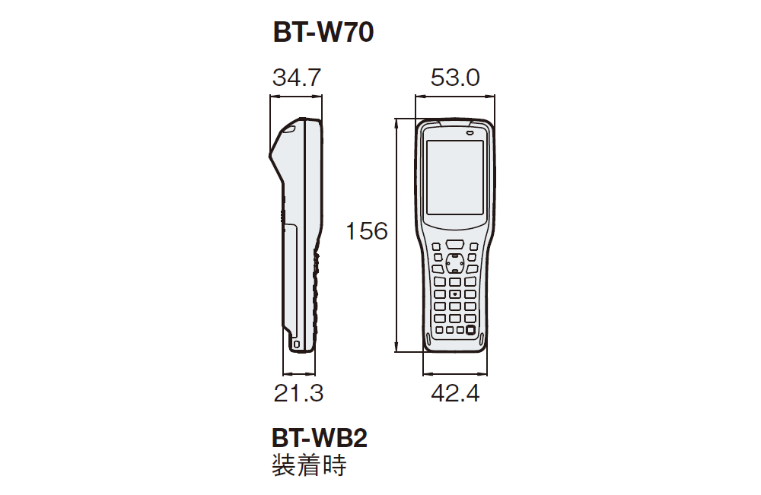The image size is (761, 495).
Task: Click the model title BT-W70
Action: [x=323, y=33]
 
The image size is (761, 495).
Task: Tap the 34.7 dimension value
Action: [x=297, y=78]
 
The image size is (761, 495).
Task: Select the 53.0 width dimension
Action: [x=455, y=78]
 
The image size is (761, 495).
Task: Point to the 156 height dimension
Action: [x=367, y=230]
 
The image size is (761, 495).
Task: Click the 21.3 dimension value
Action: [x=298, y=393]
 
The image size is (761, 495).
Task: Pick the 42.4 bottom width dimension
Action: [x=455, y=393]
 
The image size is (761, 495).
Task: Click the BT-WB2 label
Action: [x=319, y=439]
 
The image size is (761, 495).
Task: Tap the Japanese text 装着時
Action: [x=308, y=465]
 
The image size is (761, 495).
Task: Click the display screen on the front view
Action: [x=454, y=177]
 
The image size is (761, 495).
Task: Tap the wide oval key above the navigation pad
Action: [x=455, y=244]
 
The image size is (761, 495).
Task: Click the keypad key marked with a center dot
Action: [x=454, y=294]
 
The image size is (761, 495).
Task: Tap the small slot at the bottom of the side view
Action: [x=296, y=344]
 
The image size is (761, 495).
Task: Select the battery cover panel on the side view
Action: [x=291, y=274]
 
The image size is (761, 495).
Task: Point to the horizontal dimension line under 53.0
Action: [x=455, y=96]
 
